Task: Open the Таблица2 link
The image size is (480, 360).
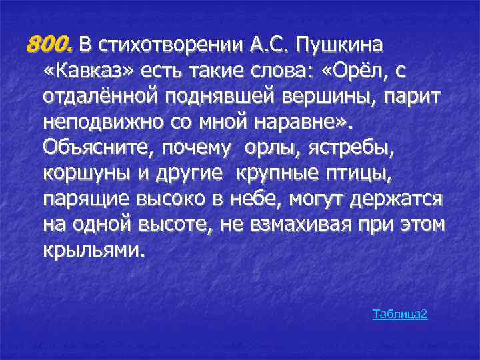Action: click(399, 313)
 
